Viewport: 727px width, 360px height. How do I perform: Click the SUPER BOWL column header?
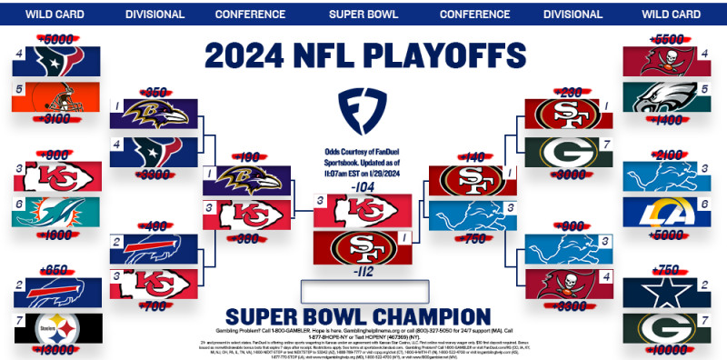[x=363, y=15]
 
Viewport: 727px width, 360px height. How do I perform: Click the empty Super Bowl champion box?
[x=363, y=291]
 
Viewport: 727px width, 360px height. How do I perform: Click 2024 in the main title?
[x=248, y=54]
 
